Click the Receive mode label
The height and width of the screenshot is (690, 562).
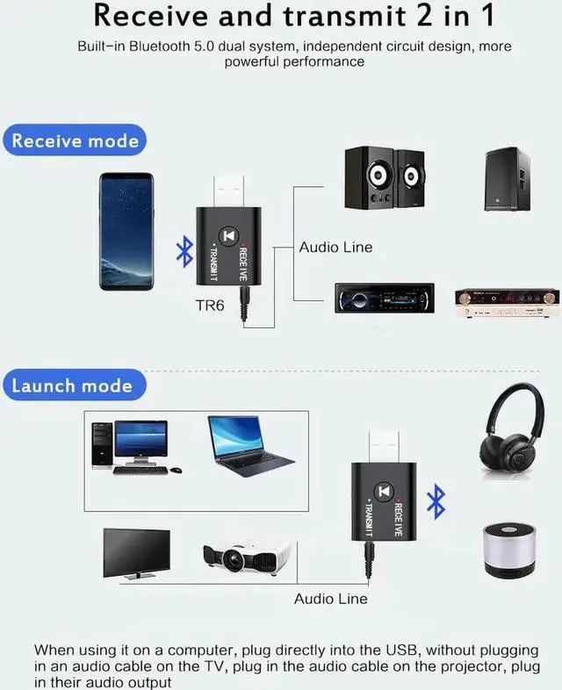coord(76,140)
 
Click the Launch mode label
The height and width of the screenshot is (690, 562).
coord(72,385)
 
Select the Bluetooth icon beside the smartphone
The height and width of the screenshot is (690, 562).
coord(184,252)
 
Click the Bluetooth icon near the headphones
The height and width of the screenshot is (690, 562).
coord(436,501)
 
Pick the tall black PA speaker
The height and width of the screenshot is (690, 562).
coord(507,179)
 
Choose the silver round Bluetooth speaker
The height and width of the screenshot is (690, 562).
coord(510,550)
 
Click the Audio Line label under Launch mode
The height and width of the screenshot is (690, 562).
coord(330,598)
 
